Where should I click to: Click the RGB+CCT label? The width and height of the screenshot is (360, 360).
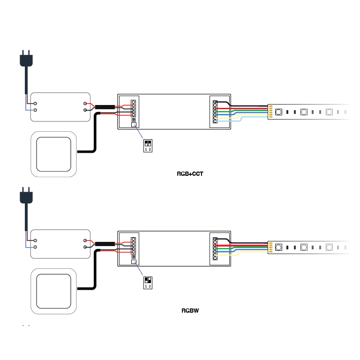(x=190, y=174)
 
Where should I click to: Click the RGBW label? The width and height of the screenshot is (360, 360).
(x=190, y=310)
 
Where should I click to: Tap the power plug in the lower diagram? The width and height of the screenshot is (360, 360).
(x=26, y=196)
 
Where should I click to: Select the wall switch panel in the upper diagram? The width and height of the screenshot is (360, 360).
(x=53, y=154)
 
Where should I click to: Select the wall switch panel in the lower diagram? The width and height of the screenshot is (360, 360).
(x=53, y=291)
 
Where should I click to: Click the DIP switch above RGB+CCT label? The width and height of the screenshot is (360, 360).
(x=148, y=146)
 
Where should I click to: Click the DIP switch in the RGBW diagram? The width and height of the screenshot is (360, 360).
(x=148, y=283)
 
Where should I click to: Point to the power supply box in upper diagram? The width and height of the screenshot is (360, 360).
(x=60, y=107)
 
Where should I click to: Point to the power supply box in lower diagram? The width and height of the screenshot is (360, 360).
(x=60, y=244)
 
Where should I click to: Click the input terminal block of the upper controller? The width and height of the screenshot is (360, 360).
(x=133, y=108)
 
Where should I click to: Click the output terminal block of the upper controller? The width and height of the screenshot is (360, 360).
(x=215, y=112)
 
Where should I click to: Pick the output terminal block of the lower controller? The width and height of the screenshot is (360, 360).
(x=215, y=248)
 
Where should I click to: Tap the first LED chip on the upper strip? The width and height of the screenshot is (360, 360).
(x=278, y=112)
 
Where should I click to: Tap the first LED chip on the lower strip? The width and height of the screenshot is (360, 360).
(x=278, y=247)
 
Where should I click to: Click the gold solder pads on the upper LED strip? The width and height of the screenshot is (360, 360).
(x=270, y=112)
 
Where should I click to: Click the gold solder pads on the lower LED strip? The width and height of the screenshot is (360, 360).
(x=270, y=247)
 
